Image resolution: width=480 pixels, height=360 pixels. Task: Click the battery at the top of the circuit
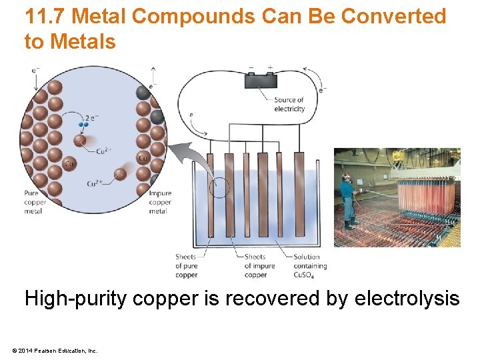click(261, 81)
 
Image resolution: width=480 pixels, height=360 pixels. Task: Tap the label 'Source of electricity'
click(289, 105)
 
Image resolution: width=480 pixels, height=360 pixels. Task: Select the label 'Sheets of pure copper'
click(186, 265)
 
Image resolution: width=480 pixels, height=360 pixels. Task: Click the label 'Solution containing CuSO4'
click(307, 265)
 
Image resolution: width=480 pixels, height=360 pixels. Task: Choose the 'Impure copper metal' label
click(160, 202)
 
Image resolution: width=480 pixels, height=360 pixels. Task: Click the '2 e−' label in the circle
click(92, 117)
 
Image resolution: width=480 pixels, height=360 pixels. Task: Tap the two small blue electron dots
click(84, 124)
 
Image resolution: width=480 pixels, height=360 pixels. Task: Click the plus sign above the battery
click(270, 67)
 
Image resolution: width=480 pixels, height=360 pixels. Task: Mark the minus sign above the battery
click(251, 67)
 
